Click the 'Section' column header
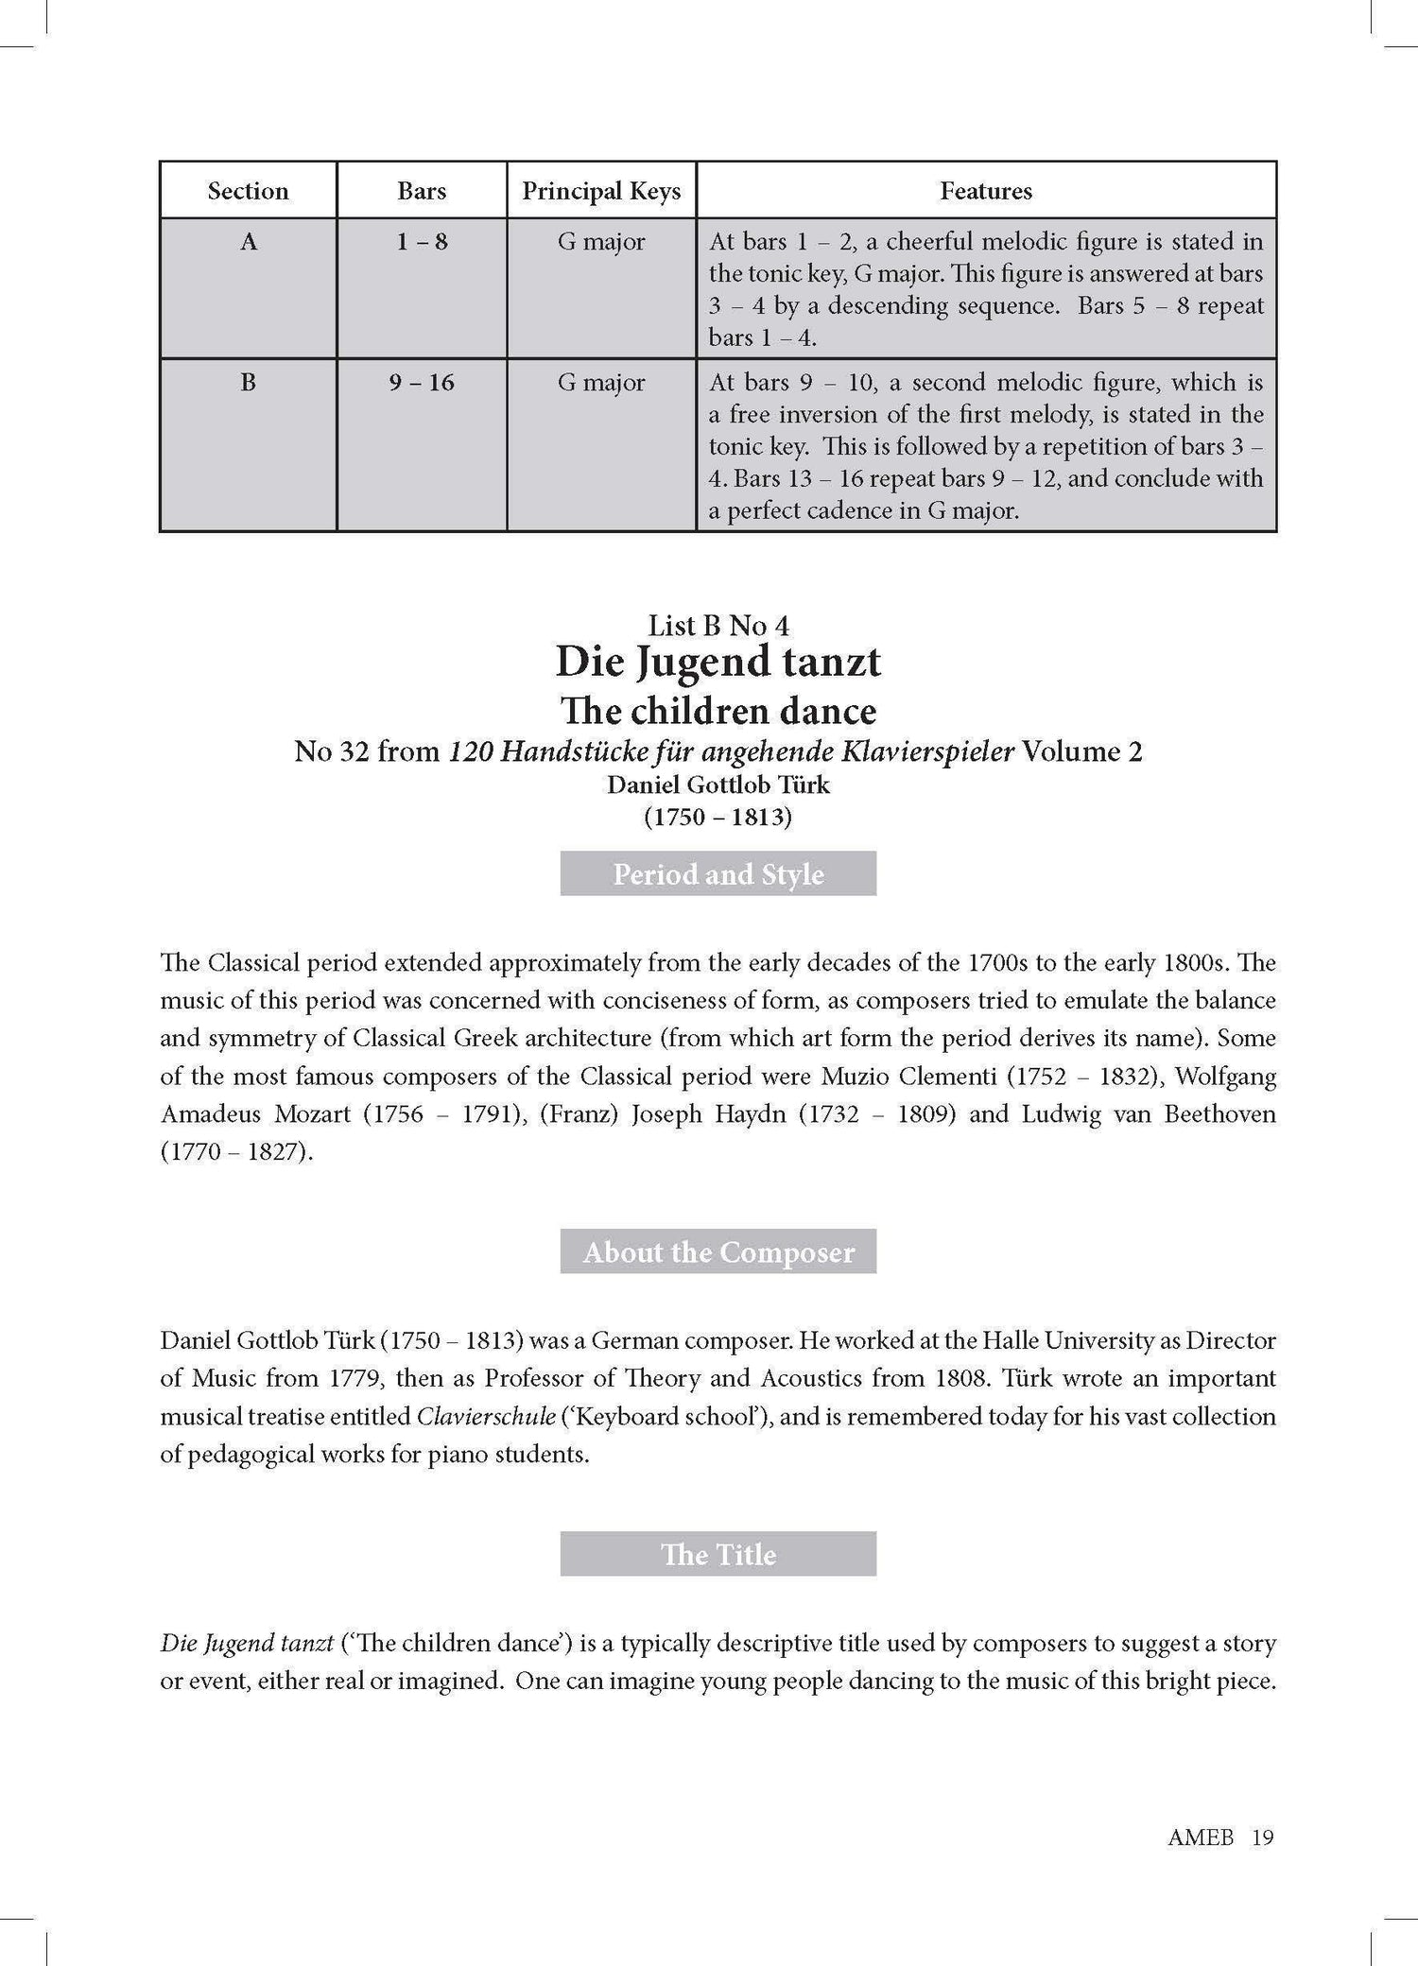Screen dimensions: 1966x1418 point(248,191)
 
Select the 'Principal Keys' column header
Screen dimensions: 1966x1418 point(601,191)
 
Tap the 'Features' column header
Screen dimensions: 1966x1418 point(985,191)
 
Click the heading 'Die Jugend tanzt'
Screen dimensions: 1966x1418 point(718,662)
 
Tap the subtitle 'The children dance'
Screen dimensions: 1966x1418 point(718,711)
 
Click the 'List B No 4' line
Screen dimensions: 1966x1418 point(718,625)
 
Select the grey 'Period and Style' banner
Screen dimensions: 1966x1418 point(718,873)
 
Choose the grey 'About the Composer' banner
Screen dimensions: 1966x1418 point(718,1251)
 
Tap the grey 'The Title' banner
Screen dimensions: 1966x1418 point(718,1554)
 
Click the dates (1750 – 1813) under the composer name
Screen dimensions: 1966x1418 point(718,816)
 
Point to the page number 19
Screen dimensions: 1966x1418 point(1263,1837)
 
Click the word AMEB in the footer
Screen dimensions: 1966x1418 point(1201,1837)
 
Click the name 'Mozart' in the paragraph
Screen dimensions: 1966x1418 point(312,1113)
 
